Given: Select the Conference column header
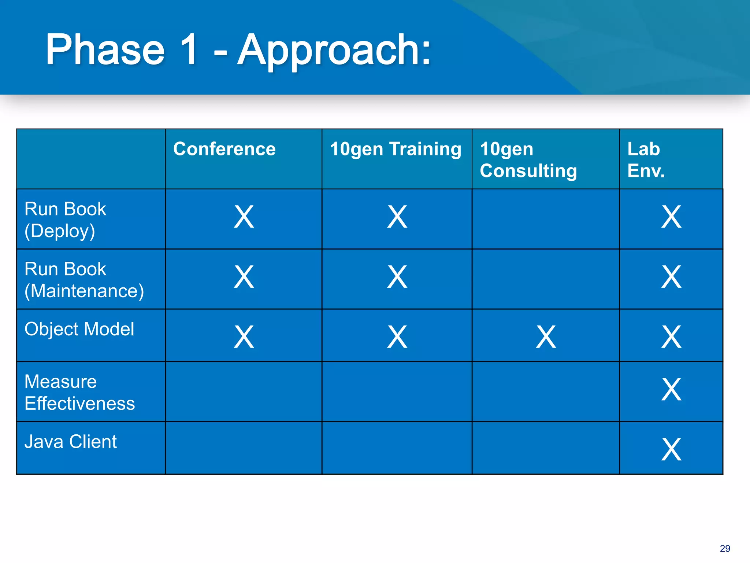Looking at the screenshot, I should (x=224, y=149).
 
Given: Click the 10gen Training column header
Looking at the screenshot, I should (x=396, y=149).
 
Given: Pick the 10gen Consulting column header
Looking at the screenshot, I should (x=528, y=160).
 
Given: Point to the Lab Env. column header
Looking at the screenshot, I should (x=646, y=160).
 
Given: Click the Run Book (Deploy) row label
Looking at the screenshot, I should (x=65, y=220).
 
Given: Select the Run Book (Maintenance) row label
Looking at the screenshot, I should (x=84, y=280).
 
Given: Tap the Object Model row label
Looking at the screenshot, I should (x=79, y=329).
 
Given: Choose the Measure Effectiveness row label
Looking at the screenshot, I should (x=79, y=392).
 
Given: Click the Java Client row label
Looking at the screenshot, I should (x=70, y=442).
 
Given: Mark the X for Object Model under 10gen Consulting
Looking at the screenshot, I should (x=546, y=336).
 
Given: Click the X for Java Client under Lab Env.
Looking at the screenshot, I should (x=671, y=449).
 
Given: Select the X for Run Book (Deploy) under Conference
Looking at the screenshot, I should (x=244, y=217).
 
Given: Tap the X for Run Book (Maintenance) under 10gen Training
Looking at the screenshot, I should (x=397, y=277).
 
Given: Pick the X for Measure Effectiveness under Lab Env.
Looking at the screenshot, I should (x=671, y=389).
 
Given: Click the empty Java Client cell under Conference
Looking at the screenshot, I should (x=244, y=448).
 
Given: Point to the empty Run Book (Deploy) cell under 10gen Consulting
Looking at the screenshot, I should (x=545, y=219).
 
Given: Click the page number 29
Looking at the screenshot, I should (x=725, y=548).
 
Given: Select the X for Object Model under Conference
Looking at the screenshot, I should (x=244, y=336).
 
